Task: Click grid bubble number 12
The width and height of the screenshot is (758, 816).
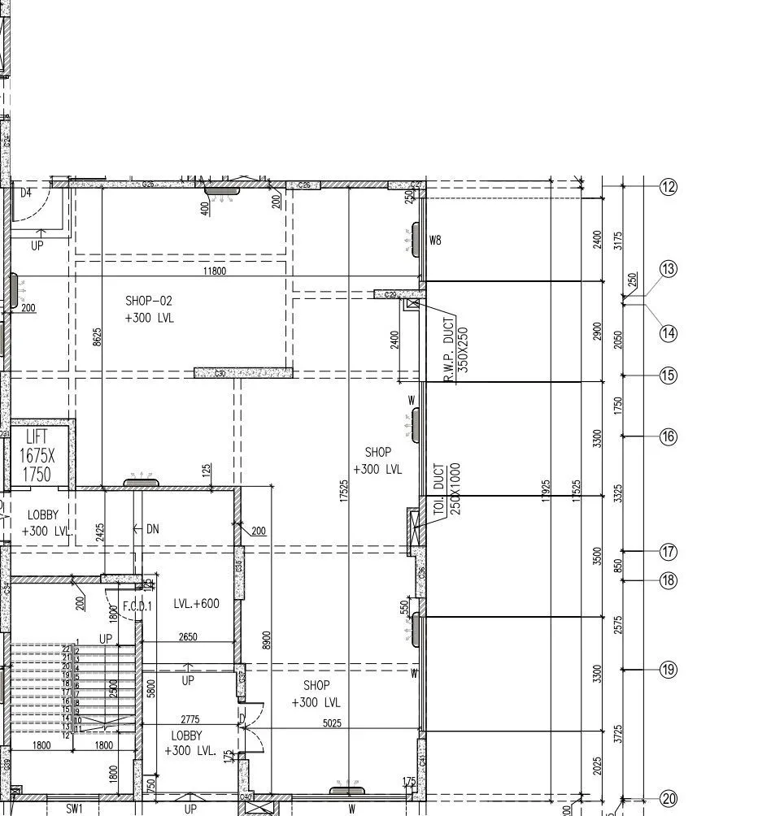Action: (669, 187)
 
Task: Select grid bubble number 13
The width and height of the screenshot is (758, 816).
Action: (669, 269)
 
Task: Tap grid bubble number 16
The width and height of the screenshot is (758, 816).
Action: (669, 436)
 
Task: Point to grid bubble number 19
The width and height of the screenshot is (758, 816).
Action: (669, 670)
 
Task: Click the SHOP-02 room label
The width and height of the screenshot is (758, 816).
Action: (149, 309)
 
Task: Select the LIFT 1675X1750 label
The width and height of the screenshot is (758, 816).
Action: (37, 455)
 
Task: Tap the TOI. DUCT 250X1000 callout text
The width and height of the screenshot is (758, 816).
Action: (448, 489)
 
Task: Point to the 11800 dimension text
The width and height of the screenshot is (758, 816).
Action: (214, 271)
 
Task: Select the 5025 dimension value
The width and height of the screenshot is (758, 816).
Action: (332, 723)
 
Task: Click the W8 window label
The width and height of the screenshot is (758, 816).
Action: (435, 240)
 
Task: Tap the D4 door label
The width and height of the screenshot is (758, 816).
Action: (26, 193)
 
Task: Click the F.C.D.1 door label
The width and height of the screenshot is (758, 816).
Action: (137, 606)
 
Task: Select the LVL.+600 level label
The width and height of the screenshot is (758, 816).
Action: (196, 604)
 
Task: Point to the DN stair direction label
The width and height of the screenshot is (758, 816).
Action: (152, 529)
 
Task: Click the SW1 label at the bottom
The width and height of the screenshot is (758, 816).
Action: (74, 809)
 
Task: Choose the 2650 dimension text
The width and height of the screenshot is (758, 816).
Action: (187, 636)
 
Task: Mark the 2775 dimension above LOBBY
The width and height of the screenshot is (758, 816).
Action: (189, 719)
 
